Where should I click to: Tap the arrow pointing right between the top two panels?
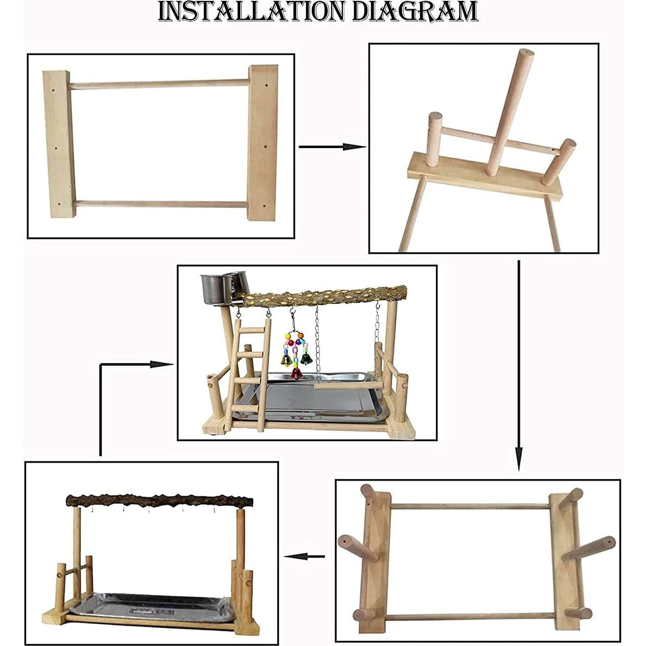332,147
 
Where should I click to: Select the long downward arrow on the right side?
519,365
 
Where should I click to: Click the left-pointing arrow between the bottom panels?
305,556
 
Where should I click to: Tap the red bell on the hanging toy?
296,373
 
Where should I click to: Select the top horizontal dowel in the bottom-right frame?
470,506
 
